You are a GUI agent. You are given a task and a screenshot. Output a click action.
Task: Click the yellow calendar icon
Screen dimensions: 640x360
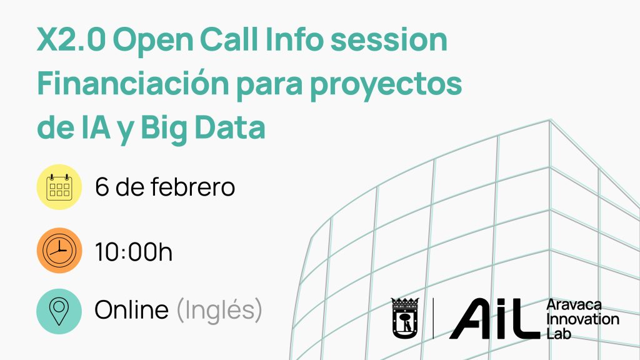pyautogui.click(x=59, y=187)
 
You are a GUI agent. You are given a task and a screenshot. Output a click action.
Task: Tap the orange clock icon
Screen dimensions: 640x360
pyautogui.click(x=59, y=250)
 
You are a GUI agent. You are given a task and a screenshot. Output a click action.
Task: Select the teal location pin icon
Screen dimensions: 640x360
pyautogui.click(x=59, y=311)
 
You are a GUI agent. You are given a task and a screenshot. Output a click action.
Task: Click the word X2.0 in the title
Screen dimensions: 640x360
pyautogui.click(x=71, y=39)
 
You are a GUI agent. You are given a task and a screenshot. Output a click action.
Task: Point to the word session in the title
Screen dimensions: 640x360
pyautogui.click(x=389, y=39)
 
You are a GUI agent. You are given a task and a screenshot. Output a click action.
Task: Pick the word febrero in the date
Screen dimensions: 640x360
pyautogui.click(x=192, y=186)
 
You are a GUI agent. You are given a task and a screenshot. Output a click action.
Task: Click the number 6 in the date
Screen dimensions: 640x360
pyautogui.click(x=102, y=187)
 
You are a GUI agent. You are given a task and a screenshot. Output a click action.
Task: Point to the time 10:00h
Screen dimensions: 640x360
pyautogui.click(x=134, y=251)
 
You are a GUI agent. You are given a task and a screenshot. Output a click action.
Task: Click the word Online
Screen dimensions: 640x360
pyautogui.click(x=131, y=309)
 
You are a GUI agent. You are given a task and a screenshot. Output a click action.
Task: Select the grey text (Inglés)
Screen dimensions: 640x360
pyautogui.click(x=219, y=310)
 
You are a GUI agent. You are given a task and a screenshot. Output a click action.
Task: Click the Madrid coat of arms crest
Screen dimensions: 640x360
pyautogui.click(x=405, y=318)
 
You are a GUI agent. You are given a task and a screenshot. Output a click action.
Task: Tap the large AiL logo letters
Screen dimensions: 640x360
pyautogui.click(x=495, y=318)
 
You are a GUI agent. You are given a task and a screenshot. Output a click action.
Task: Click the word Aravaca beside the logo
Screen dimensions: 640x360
pyautogui.click(x=574, y=305)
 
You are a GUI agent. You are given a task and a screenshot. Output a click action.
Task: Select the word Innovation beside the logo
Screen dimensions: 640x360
pyautogui.click(x=583, y=319)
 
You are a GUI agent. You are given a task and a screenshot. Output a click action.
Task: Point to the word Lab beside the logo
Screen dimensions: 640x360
pyautogui.click(x=559, y=334)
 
